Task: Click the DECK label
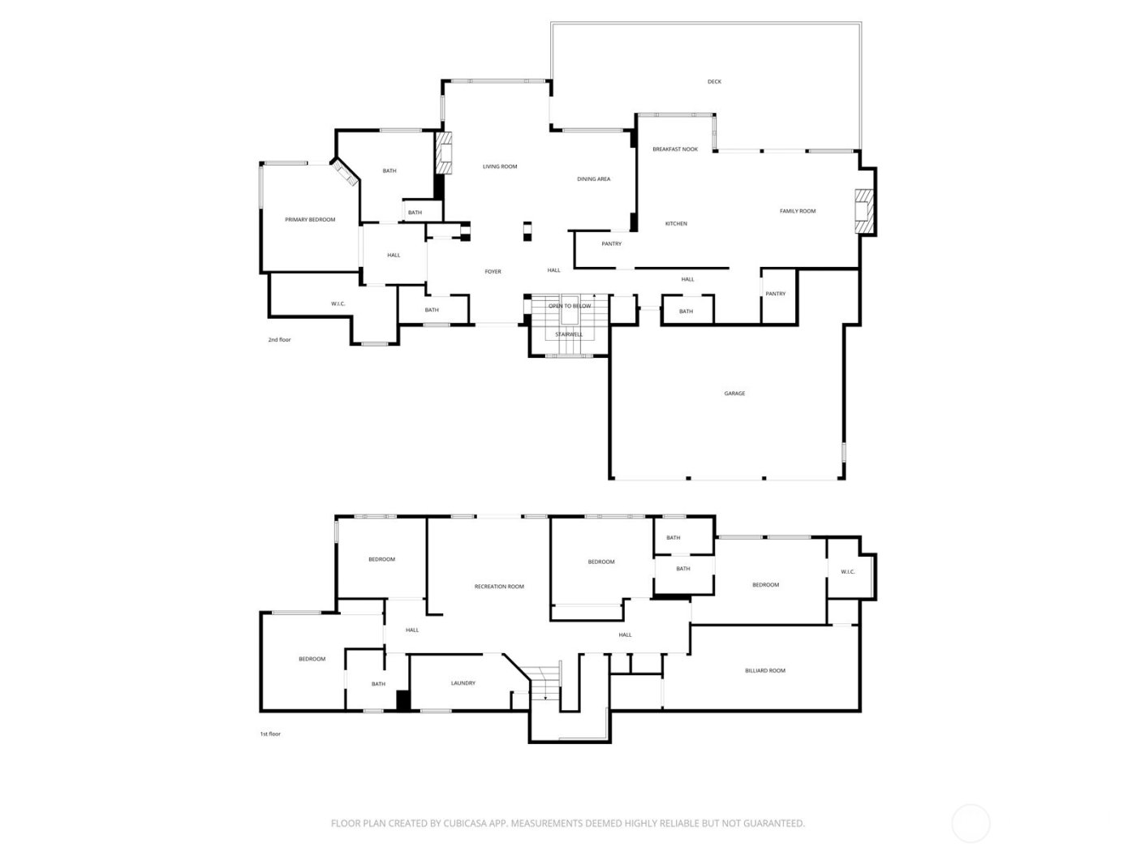(714, 82)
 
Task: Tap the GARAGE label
(734, 394)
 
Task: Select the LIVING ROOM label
(500, 167)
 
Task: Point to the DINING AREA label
(593, 179)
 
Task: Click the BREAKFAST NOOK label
(675, 149)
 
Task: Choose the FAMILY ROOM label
(798, 211)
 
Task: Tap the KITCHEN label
(676, 224)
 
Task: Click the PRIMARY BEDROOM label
(310, 220)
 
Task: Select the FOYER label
(493, 272)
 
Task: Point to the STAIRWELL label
(569, 334)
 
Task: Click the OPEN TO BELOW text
(570, 306)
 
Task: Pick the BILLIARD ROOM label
(765, 671)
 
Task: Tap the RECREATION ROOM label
(499, 587)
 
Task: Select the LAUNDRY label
(463, 683)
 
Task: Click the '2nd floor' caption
(279, 340)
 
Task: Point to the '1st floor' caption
(270, 734)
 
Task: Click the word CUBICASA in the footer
(463, 824)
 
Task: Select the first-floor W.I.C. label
(848, 572)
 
